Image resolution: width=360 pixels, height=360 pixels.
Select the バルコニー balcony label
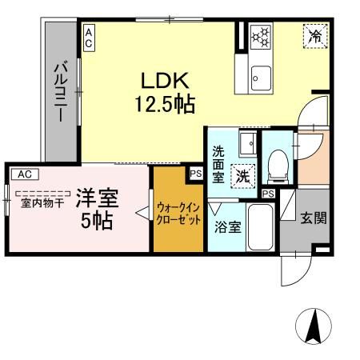[59, 93]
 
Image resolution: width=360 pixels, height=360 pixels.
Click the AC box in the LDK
[88, 37]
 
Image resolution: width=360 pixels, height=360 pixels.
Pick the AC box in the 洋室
[24, 173]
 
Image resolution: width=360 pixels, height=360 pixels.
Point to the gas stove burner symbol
[261, 37]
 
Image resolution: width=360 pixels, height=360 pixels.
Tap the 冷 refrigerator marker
[314, 36]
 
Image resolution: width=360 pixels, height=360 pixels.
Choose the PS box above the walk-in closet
[195, 170]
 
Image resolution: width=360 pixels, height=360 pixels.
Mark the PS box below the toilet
[269, 194]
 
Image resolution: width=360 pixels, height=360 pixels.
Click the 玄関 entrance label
[313, 218]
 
